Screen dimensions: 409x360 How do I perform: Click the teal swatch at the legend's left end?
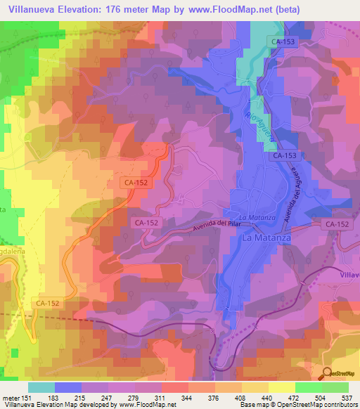41,387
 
